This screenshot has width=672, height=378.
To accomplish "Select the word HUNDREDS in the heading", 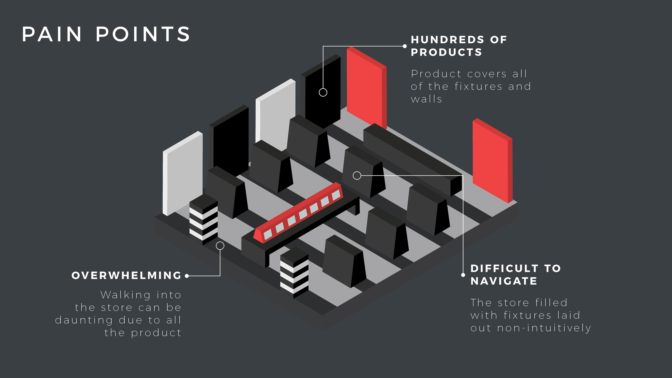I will [447, 40].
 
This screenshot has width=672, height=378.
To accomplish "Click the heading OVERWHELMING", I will [127, 275].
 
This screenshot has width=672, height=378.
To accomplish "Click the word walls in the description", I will [426, 99].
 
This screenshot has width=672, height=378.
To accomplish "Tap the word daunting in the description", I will [84, 320].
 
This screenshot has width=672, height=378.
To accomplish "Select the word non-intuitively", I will [544, 328].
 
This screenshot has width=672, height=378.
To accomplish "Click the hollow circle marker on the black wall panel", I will [323, 92].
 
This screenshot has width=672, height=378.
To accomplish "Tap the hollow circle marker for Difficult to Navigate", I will [357, 176].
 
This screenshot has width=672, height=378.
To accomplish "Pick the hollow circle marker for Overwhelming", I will [220, 246].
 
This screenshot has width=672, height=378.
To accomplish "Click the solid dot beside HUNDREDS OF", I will [405, 46].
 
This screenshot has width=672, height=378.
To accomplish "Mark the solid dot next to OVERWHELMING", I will [187, 276].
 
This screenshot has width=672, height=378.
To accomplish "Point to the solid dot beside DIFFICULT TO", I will [463, 275].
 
